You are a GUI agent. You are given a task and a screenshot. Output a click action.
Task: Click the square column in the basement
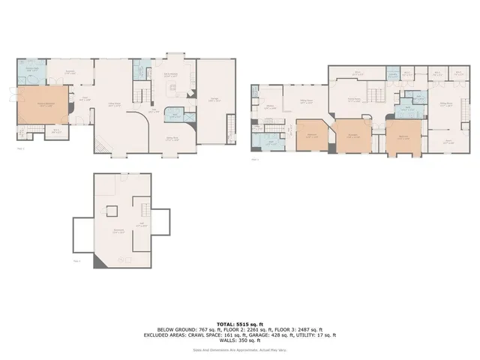pyautogui.click(x=112, y=211)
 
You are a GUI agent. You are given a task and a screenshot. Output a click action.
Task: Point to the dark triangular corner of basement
pyautogui.click(x=97, y=262)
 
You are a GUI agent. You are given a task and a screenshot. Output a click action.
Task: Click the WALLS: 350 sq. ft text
pyautogui.click(x=240, y=340)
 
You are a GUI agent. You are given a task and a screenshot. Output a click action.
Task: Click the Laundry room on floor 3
pyautogui.click(x=392, y=74)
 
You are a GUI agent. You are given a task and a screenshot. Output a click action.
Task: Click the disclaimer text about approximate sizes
pyautogui.click(x=240, y=349)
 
